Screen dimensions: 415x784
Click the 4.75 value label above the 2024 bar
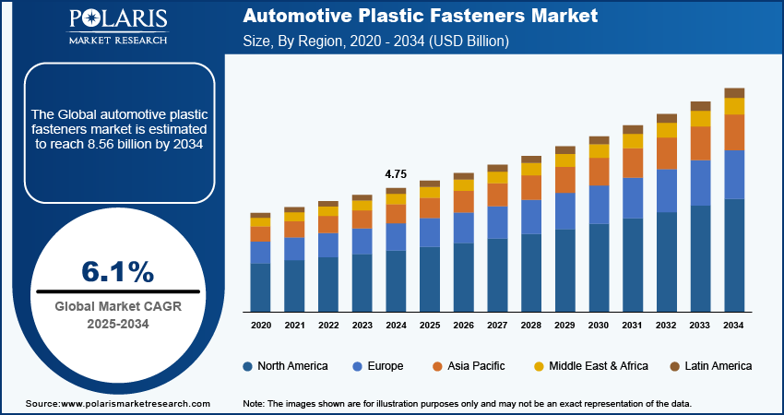395,173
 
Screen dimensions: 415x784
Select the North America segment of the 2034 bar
734,255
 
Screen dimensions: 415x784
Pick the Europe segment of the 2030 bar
599,205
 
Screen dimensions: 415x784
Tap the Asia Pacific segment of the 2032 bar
667,153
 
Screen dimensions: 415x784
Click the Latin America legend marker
674,366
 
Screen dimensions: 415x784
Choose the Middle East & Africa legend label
599,366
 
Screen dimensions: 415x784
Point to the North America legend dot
248,366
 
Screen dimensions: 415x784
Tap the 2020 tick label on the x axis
260,326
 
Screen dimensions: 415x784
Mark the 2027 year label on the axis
497,326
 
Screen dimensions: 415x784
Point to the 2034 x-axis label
734,326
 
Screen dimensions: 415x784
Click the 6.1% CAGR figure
117,271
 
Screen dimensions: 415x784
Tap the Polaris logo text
117,20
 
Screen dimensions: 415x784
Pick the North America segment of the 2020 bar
260,287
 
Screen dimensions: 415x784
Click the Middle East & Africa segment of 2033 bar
701,119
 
